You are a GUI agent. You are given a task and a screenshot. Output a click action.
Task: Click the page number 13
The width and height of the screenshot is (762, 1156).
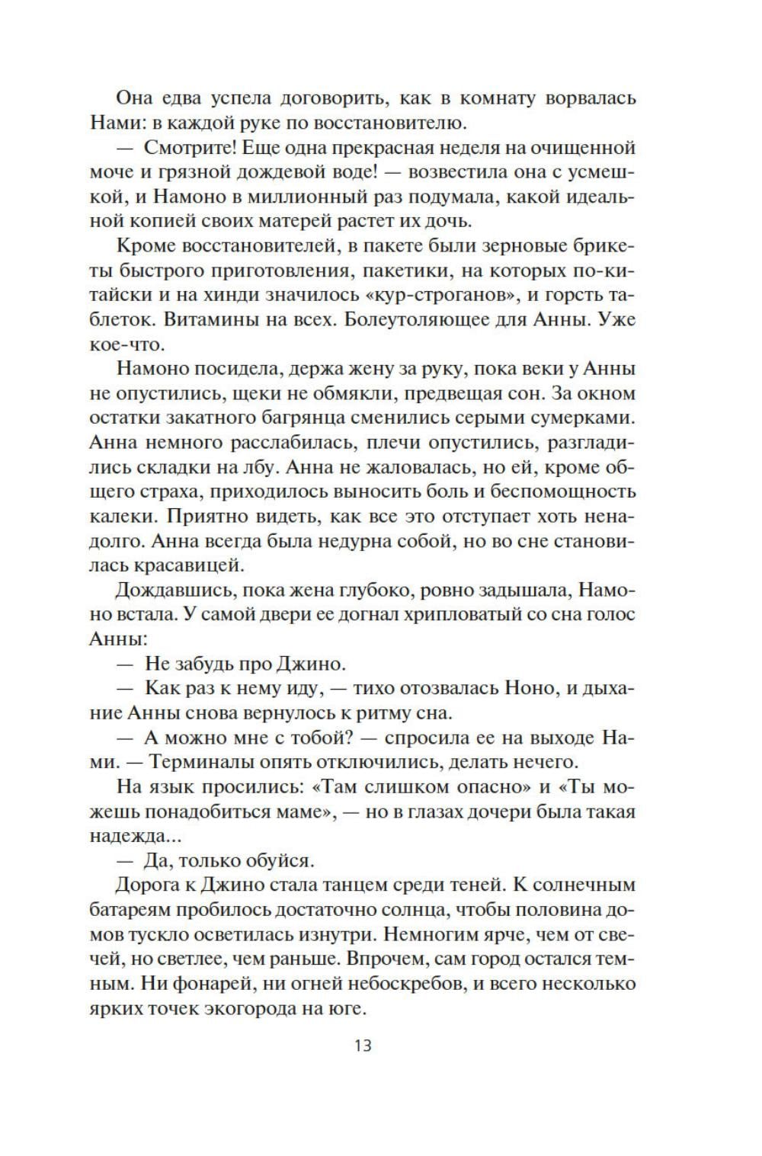363,1045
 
